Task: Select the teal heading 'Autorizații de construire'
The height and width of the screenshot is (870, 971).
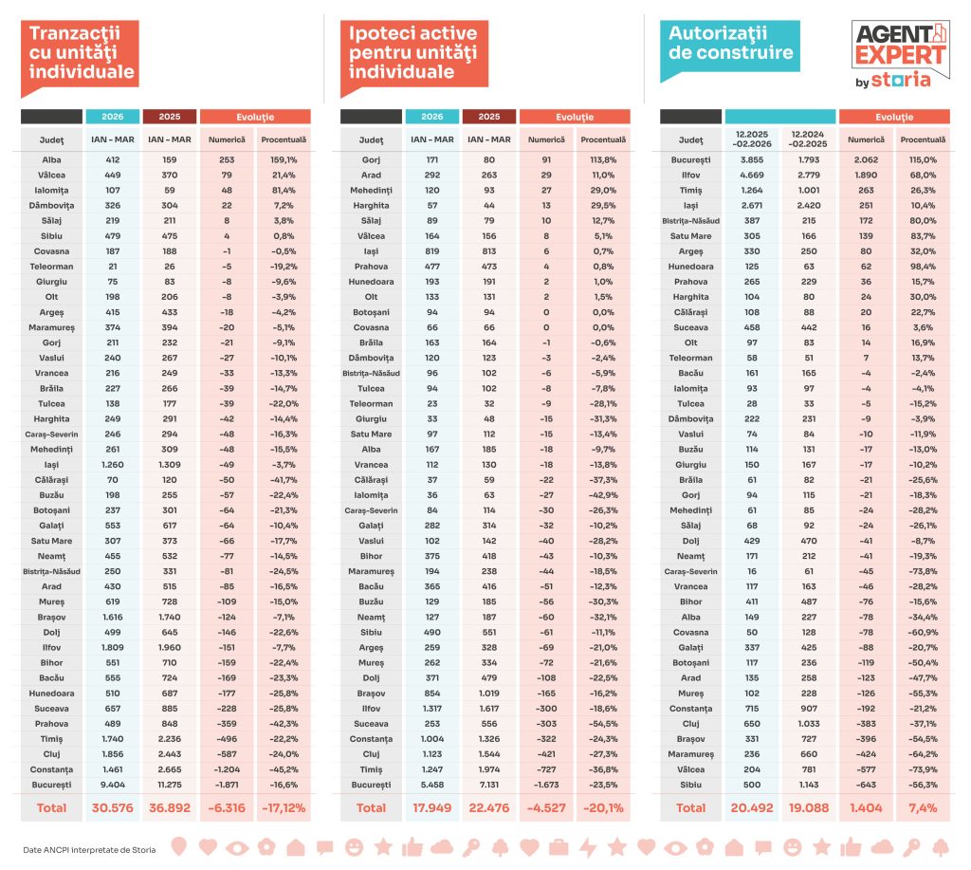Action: (x=731, y=43)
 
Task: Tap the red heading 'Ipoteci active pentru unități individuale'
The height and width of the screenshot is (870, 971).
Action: (x=412, y=51)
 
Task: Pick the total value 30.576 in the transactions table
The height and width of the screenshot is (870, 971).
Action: (x=113, y=807)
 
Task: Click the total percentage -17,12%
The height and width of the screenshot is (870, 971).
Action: (x=284, y=807)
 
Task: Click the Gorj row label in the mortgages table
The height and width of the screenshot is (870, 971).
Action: (x=371, y=160)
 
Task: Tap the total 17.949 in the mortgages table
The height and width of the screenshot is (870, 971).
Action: (x=432, y=807)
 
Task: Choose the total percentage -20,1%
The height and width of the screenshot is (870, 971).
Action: (x=604, y=807)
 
